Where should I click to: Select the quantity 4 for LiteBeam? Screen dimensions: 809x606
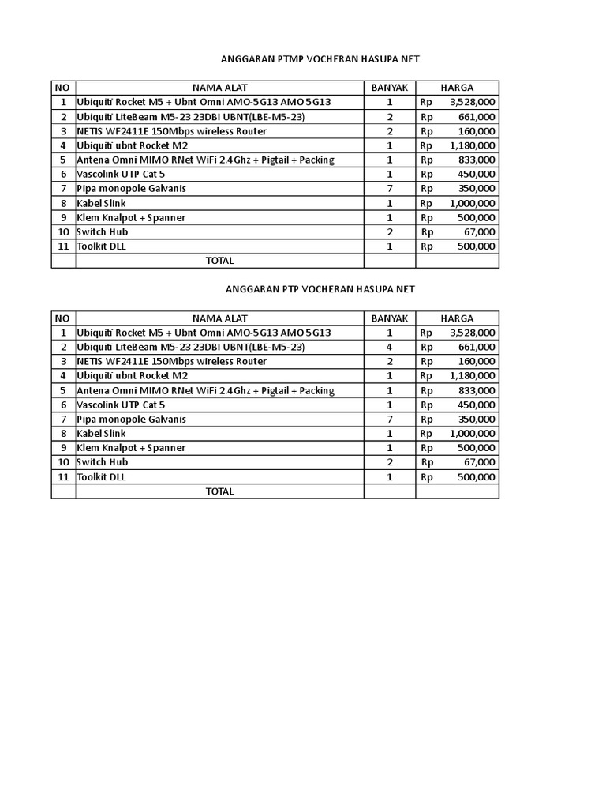point(390,347)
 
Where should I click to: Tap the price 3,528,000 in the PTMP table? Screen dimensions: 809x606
point(473,103)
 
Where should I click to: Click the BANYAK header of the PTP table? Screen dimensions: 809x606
point(390,318)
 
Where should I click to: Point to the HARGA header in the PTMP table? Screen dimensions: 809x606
point(458,88)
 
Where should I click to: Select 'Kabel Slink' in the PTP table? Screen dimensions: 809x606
point(101,434)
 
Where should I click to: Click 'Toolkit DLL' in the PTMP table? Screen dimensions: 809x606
point(101,246)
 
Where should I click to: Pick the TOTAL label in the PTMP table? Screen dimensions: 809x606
point(219,261)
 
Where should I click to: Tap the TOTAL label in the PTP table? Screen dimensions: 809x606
point(219,491)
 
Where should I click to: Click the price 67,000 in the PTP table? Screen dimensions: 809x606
point(480,462)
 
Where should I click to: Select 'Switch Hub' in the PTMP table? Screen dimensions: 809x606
point(102,232)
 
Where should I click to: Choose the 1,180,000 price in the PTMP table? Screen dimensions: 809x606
point(473,145)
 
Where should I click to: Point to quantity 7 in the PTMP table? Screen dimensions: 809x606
point(390,189)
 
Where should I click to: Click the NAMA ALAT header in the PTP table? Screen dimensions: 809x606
point(219,318)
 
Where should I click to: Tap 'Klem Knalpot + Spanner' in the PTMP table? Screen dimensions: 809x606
point(131,218)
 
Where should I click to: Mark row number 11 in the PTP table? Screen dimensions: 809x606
point(63,477)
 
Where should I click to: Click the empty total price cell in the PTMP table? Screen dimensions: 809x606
point(458,261)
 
